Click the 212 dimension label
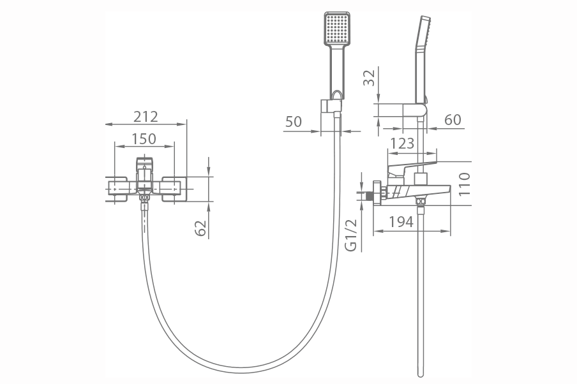(146, 117)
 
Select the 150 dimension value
(144, 138)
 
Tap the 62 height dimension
(201, 228)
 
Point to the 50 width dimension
(293, 121)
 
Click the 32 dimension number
(369, 77)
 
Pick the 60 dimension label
(453, 119)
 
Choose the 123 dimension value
(402, 143)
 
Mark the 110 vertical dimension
(465, 184)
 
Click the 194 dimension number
(401, 222)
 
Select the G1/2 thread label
(352, 235)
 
